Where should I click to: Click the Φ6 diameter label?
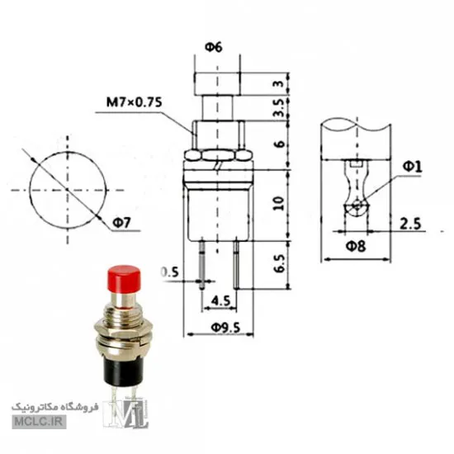(x=215, y=47)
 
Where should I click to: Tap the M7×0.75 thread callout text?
(x=134, y=102)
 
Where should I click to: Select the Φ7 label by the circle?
(x=122, y=223)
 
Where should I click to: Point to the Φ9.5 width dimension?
(x=225, y=328)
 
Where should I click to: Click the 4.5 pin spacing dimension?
(x=220, y=300)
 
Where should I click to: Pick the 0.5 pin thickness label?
(x=170, y=272)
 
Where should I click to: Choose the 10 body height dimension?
(x=278, y=203)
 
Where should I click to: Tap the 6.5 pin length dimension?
(x=279, y=263)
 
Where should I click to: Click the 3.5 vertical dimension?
(x=279, y=108)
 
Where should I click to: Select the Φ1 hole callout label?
(x=413, y=167)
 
